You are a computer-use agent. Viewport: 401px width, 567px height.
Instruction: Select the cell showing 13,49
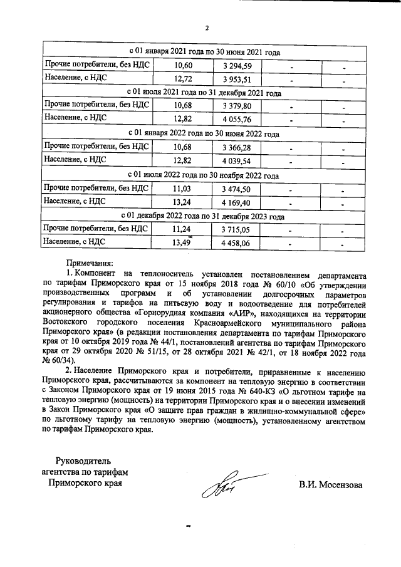(182, 243)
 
